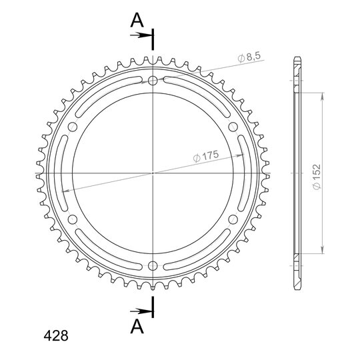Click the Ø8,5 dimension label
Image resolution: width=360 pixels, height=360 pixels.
(249, 57)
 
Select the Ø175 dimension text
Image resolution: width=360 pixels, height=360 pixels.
(206, 157)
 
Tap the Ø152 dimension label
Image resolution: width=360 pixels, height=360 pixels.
(317, 177)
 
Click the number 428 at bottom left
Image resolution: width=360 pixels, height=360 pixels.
(56, 336)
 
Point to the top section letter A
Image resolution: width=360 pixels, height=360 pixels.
(137, 20)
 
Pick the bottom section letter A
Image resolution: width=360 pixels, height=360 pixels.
(137, 327)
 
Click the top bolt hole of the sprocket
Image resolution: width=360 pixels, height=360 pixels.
(153, 81)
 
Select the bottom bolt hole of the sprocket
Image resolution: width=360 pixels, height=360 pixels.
(153, 266)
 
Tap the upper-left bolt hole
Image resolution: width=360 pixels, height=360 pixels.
(73, 127)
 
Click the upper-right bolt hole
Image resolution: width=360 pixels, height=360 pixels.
(233, 127)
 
